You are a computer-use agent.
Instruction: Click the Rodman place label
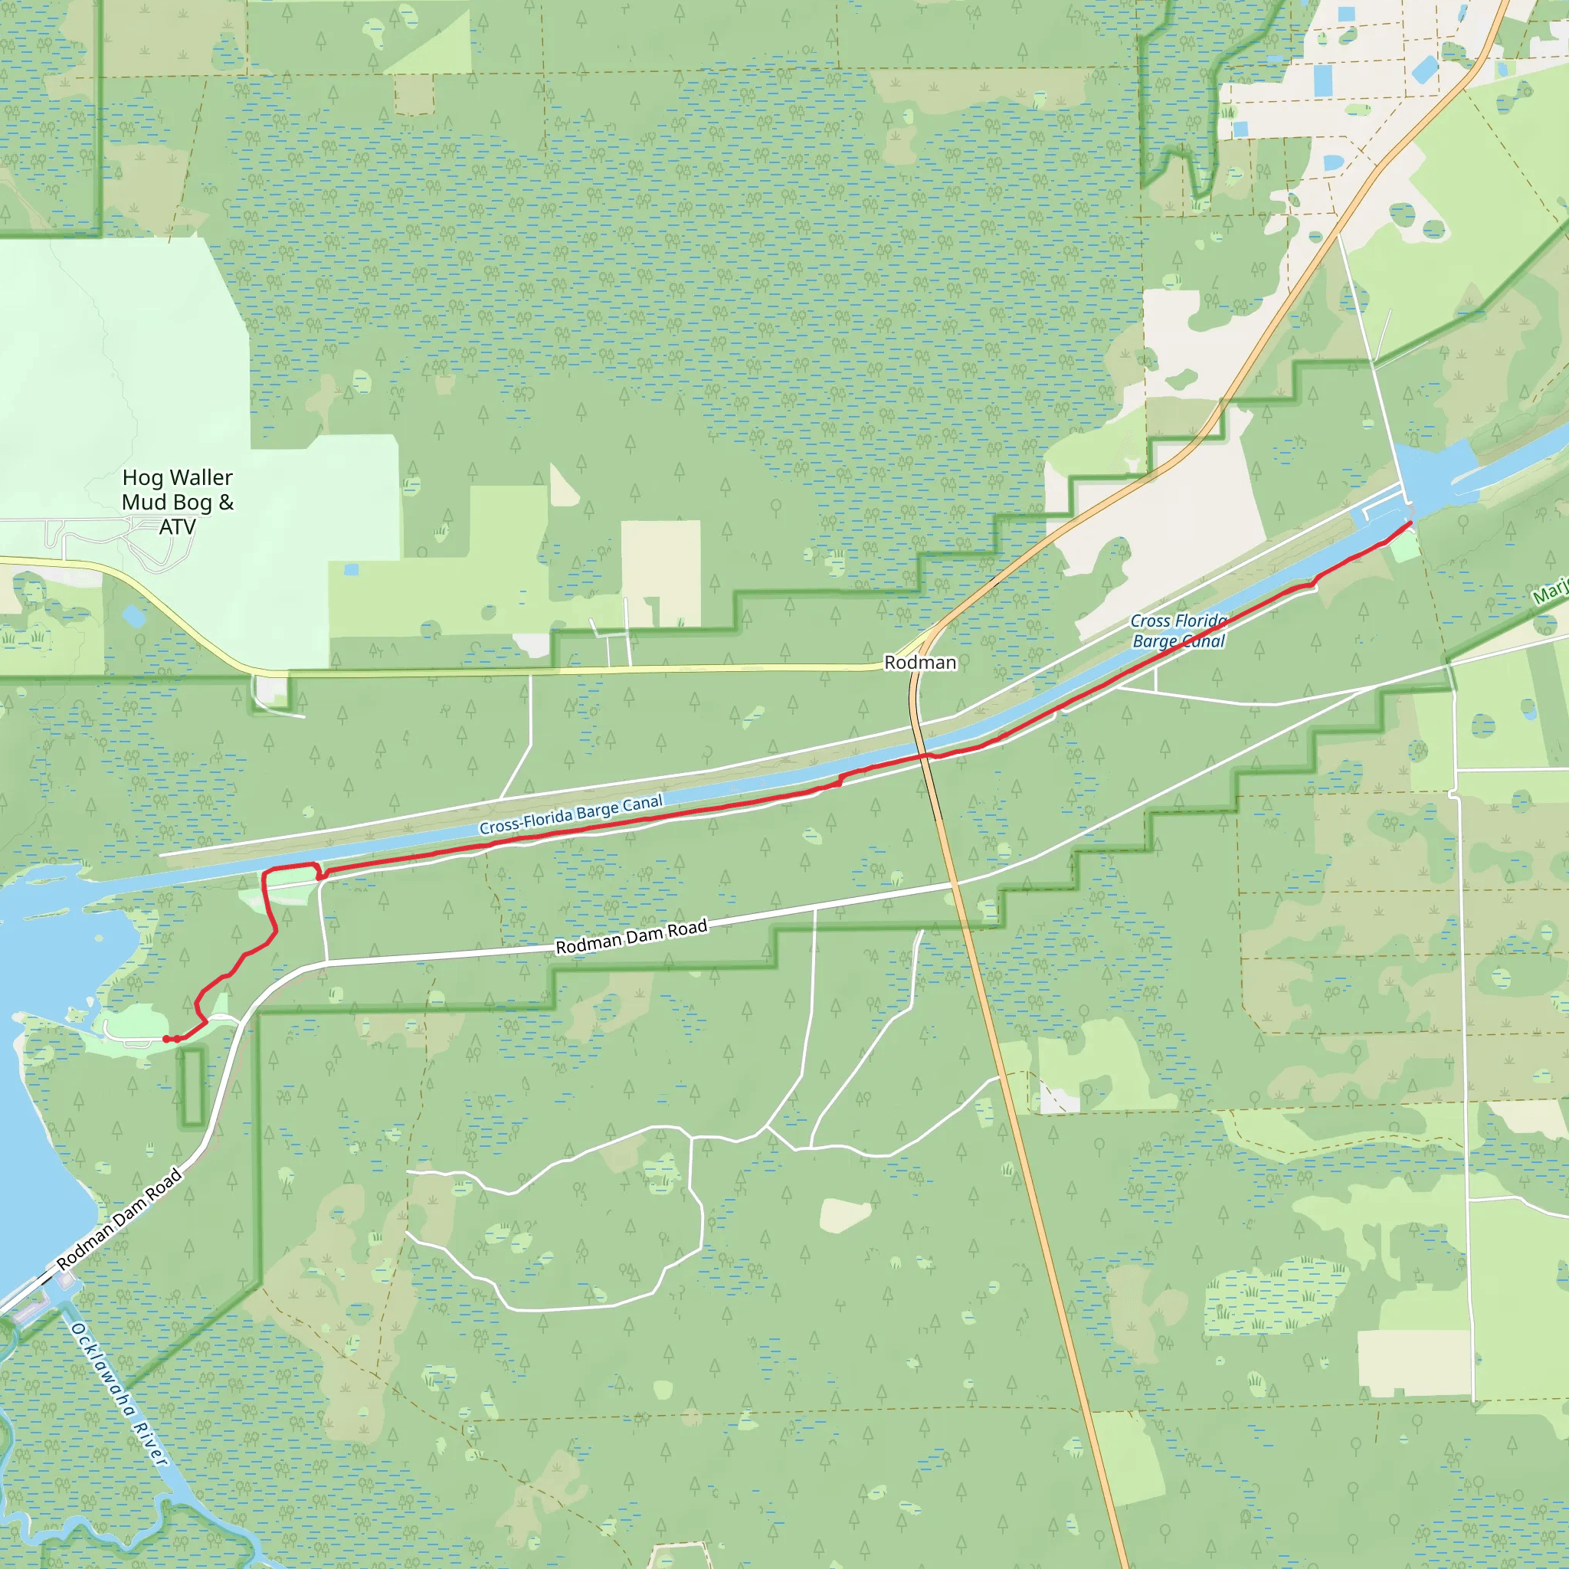920,663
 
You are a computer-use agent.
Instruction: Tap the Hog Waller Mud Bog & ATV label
178,502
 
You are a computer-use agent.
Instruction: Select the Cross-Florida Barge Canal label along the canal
571,814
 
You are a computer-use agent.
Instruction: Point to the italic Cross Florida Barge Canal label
1178,631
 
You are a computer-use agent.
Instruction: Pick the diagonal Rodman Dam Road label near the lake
120,1219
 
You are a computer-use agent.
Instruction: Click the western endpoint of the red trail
166,1039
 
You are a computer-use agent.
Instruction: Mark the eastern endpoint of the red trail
1409,523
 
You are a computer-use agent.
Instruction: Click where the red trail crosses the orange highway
924,755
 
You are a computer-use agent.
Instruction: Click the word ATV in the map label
177,527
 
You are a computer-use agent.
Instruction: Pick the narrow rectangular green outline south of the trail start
192,1086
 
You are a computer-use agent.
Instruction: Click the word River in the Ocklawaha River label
150,1444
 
